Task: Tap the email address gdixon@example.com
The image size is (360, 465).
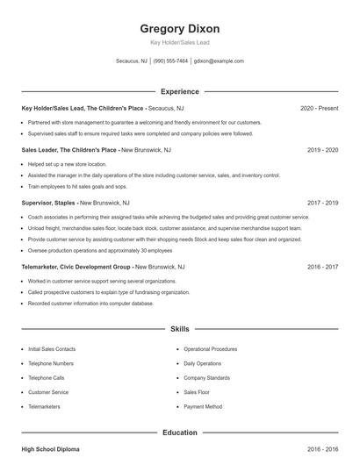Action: click(x=219, y=61)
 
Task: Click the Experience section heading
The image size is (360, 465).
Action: click(x=180, y=91)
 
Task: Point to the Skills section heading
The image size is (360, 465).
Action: click(x=180, y=329)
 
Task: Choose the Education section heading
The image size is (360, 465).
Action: click(x=180, y=433)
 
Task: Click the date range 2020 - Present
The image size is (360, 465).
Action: click(x=319, y=108)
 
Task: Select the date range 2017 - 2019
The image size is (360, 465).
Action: click(x=322, y=202)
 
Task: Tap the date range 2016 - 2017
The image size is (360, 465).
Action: click(x=322, y=266)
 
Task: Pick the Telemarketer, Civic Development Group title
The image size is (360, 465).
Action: click(x=76, y=266)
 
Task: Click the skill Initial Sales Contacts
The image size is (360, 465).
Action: click(x=54, y=348)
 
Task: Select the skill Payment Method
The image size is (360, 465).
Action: click(x=203, y=407)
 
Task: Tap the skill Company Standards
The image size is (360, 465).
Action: click(x=207, y=377)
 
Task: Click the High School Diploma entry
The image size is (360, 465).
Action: click(x=50, y=449)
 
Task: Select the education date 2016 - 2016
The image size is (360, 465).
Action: click(x=322, y=449)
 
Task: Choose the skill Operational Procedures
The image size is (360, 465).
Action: click(x=211, y=348)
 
